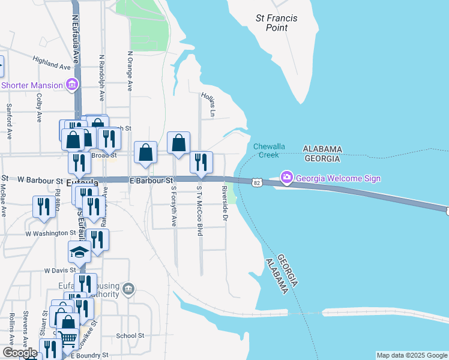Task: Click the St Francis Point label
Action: click(x=276, y=23)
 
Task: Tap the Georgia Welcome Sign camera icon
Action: click(x=286, y=177)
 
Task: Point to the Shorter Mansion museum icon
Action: click(x=72, y=85)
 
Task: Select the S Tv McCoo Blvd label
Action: click(x=200, y=209)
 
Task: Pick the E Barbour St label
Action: click(x=151, y=179)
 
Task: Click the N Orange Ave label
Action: click(x=130, y=70)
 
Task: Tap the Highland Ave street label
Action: click(x=52, y=62)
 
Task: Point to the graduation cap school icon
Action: click(x=79, y=251)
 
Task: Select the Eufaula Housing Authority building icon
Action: click(x=128, y=290)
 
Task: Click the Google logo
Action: click(x=20, y=353)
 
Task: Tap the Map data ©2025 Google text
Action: click(x=411, y=355)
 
